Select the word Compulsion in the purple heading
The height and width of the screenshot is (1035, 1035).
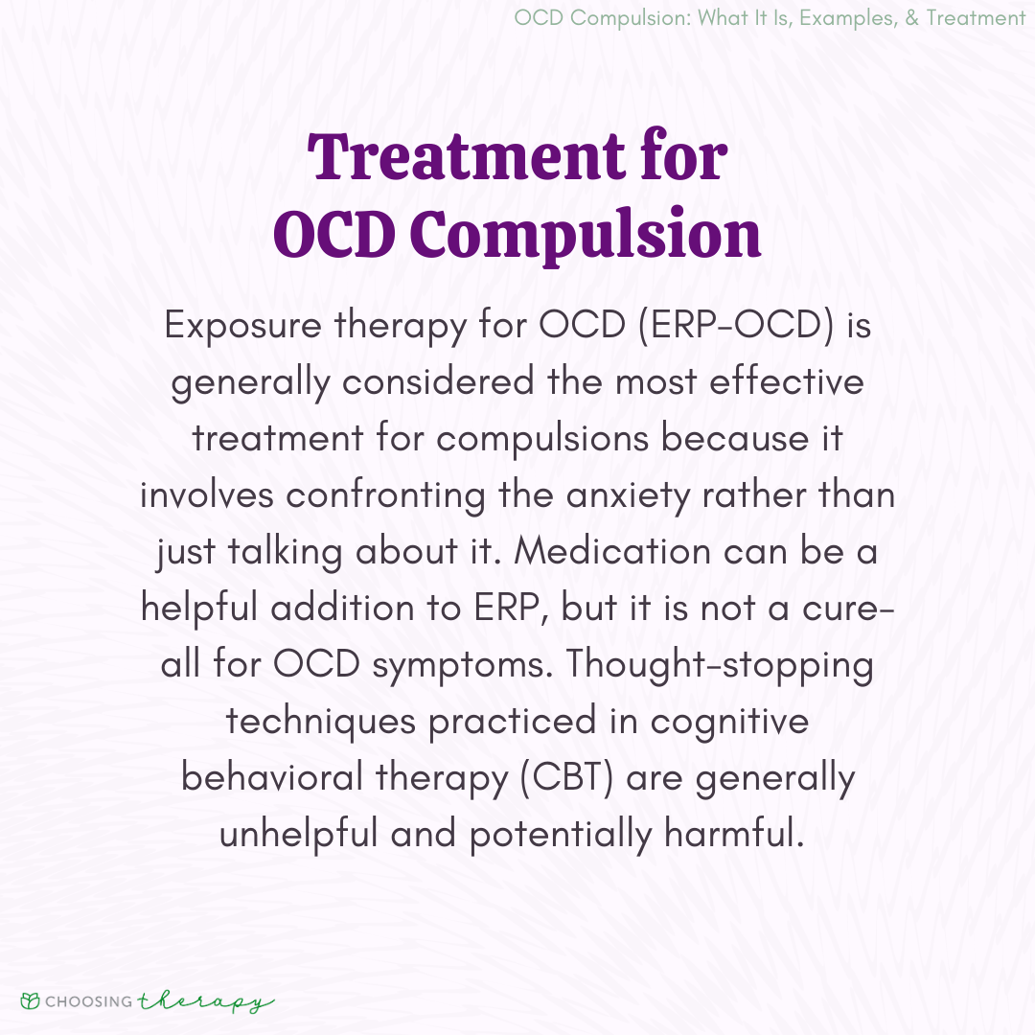[x=586, y=234]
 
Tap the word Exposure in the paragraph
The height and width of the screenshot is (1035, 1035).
[x=242, y=326]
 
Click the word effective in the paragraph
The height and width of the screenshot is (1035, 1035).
[x=786, y=381]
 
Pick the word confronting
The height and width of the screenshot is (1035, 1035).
[x=385, y=495]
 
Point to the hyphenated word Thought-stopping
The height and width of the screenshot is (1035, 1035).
[x=720, y=664]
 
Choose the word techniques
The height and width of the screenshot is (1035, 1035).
[x=321, y=722]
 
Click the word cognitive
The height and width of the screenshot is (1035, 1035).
[x=729, y=722]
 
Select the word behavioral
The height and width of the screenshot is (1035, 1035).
[x=272, y=776]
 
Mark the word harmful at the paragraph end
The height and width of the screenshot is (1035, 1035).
[x=734, y=833]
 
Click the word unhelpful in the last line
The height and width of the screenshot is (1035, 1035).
[x=298, y=834]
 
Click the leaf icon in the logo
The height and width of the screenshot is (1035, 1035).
[x=31, y=1001]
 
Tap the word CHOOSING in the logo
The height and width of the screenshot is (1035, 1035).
[x=89, y=1002]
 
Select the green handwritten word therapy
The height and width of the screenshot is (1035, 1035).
[x=205, y=1002]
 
